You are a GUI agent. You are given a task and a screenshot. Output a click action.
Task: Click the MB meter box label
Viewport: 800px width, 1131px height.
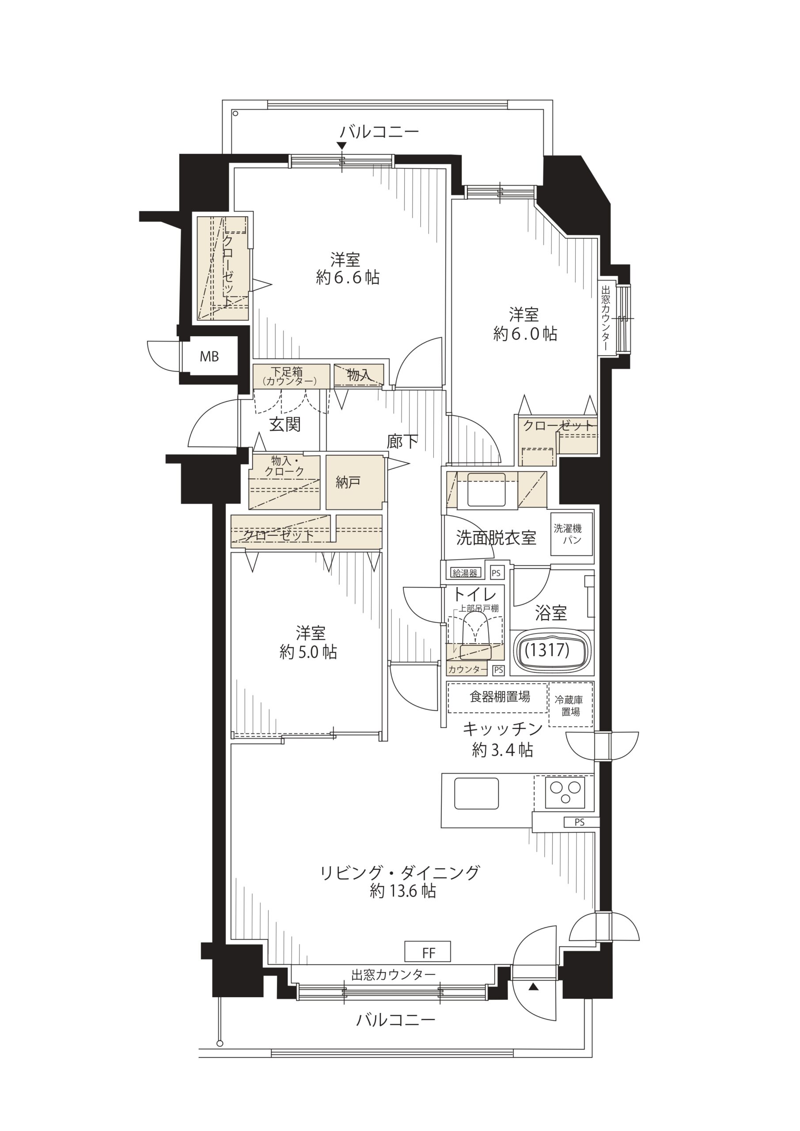(209, 357)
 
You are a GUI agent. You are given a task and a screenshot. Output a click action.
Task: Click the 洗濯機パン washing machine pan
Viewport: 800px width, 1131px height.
(572, 534)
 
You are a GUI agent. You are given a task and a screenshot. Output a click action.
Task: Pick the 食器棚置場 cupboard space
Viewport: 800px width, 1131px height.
(497, 697)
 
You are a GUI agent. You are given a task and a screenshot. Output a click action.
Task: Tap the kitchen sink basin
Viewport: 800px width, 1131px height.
(476, 793)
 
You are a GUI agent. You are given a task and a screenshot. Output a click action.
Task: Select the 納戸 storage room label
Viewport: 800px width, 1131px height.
(348, 482)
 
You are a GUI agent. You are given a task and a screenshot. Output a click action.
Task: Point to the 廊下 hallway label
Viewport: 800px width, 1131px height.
(402, 441)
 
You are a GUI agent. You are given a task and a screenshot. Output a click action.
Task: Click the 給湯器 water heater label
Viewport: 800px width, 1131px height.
(465, 573)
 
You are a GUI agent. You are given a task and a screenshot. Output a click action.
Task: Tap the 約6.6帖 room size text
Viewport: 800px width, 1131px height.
(348, 277)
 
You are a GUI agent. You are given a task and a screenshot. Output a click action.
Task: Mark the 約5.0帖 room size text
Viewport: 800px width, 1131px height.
(308, 652)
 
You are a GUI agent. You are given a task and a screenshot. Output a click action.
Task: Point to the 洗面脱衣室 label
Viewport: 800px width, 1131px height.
(496, 537)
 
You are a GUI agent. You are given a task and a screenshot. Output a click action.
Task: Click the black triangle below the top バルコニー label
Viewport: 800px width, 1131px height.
(342, 146)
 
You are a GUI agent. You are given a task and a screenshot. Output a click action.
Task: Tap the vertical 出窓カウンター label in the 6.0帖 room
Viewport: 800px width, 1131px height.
(606, 318)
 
